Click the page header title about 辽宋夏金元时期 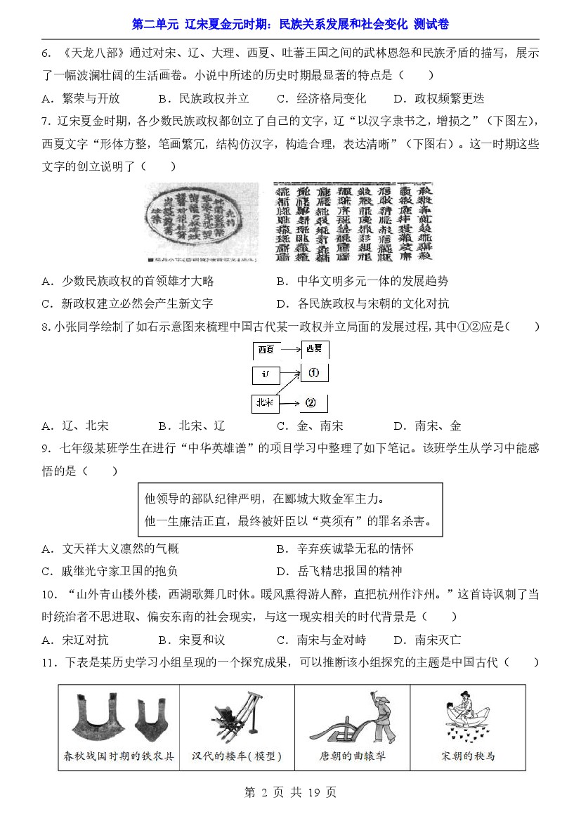coord(290,25)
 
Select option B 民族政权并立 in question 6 coord(204,98)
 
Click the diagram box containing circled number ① coord(314,373)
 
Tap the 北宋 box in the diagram coord(265,402)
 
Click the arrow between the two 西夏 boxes coord(289,348)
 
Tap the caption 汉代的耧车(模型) coord(237,756)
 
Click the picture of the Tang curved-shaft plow coord(351,719)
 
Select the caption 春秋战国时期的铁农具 coord(119,756)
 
